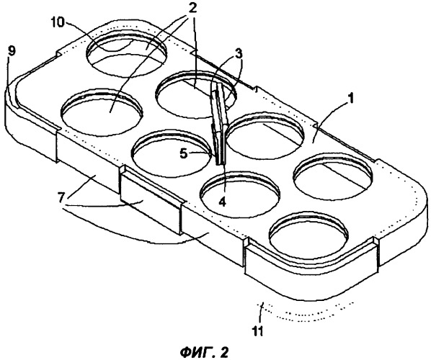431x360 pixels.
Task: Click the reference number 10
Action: tap(59, 23)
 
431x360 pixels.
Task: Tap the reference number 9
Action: tap(12, 51)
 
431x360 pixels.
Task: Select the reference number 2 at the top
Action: tap(192, 8)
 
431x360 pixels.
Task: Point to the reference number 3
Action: tap(238, 54)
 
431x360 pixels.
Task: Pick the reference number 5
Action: tap(184, 154)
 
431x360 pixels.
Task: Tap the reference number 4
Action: tap(222, 202)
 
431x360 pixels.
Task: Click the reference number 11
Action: tap(259, 331)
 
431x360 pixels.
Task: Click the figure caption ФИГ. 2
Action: tap(205, 352)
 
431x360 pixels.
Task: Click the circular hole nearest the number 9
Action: tap(102, 112)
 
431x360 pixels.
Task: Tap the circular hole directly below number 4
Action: tap(241, 196)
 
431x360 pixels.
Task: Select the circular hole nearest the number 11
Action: tap(308, 235)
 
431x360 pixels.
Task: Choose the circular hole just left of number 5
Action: tap(172, 155)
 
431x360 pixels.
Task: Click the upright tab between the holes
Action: tap(219, 124)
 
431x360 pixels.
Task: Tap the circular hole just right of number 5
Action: tap(265, 137)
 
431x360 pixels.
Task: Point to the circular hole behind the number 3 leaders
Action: tap(196, 94)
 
